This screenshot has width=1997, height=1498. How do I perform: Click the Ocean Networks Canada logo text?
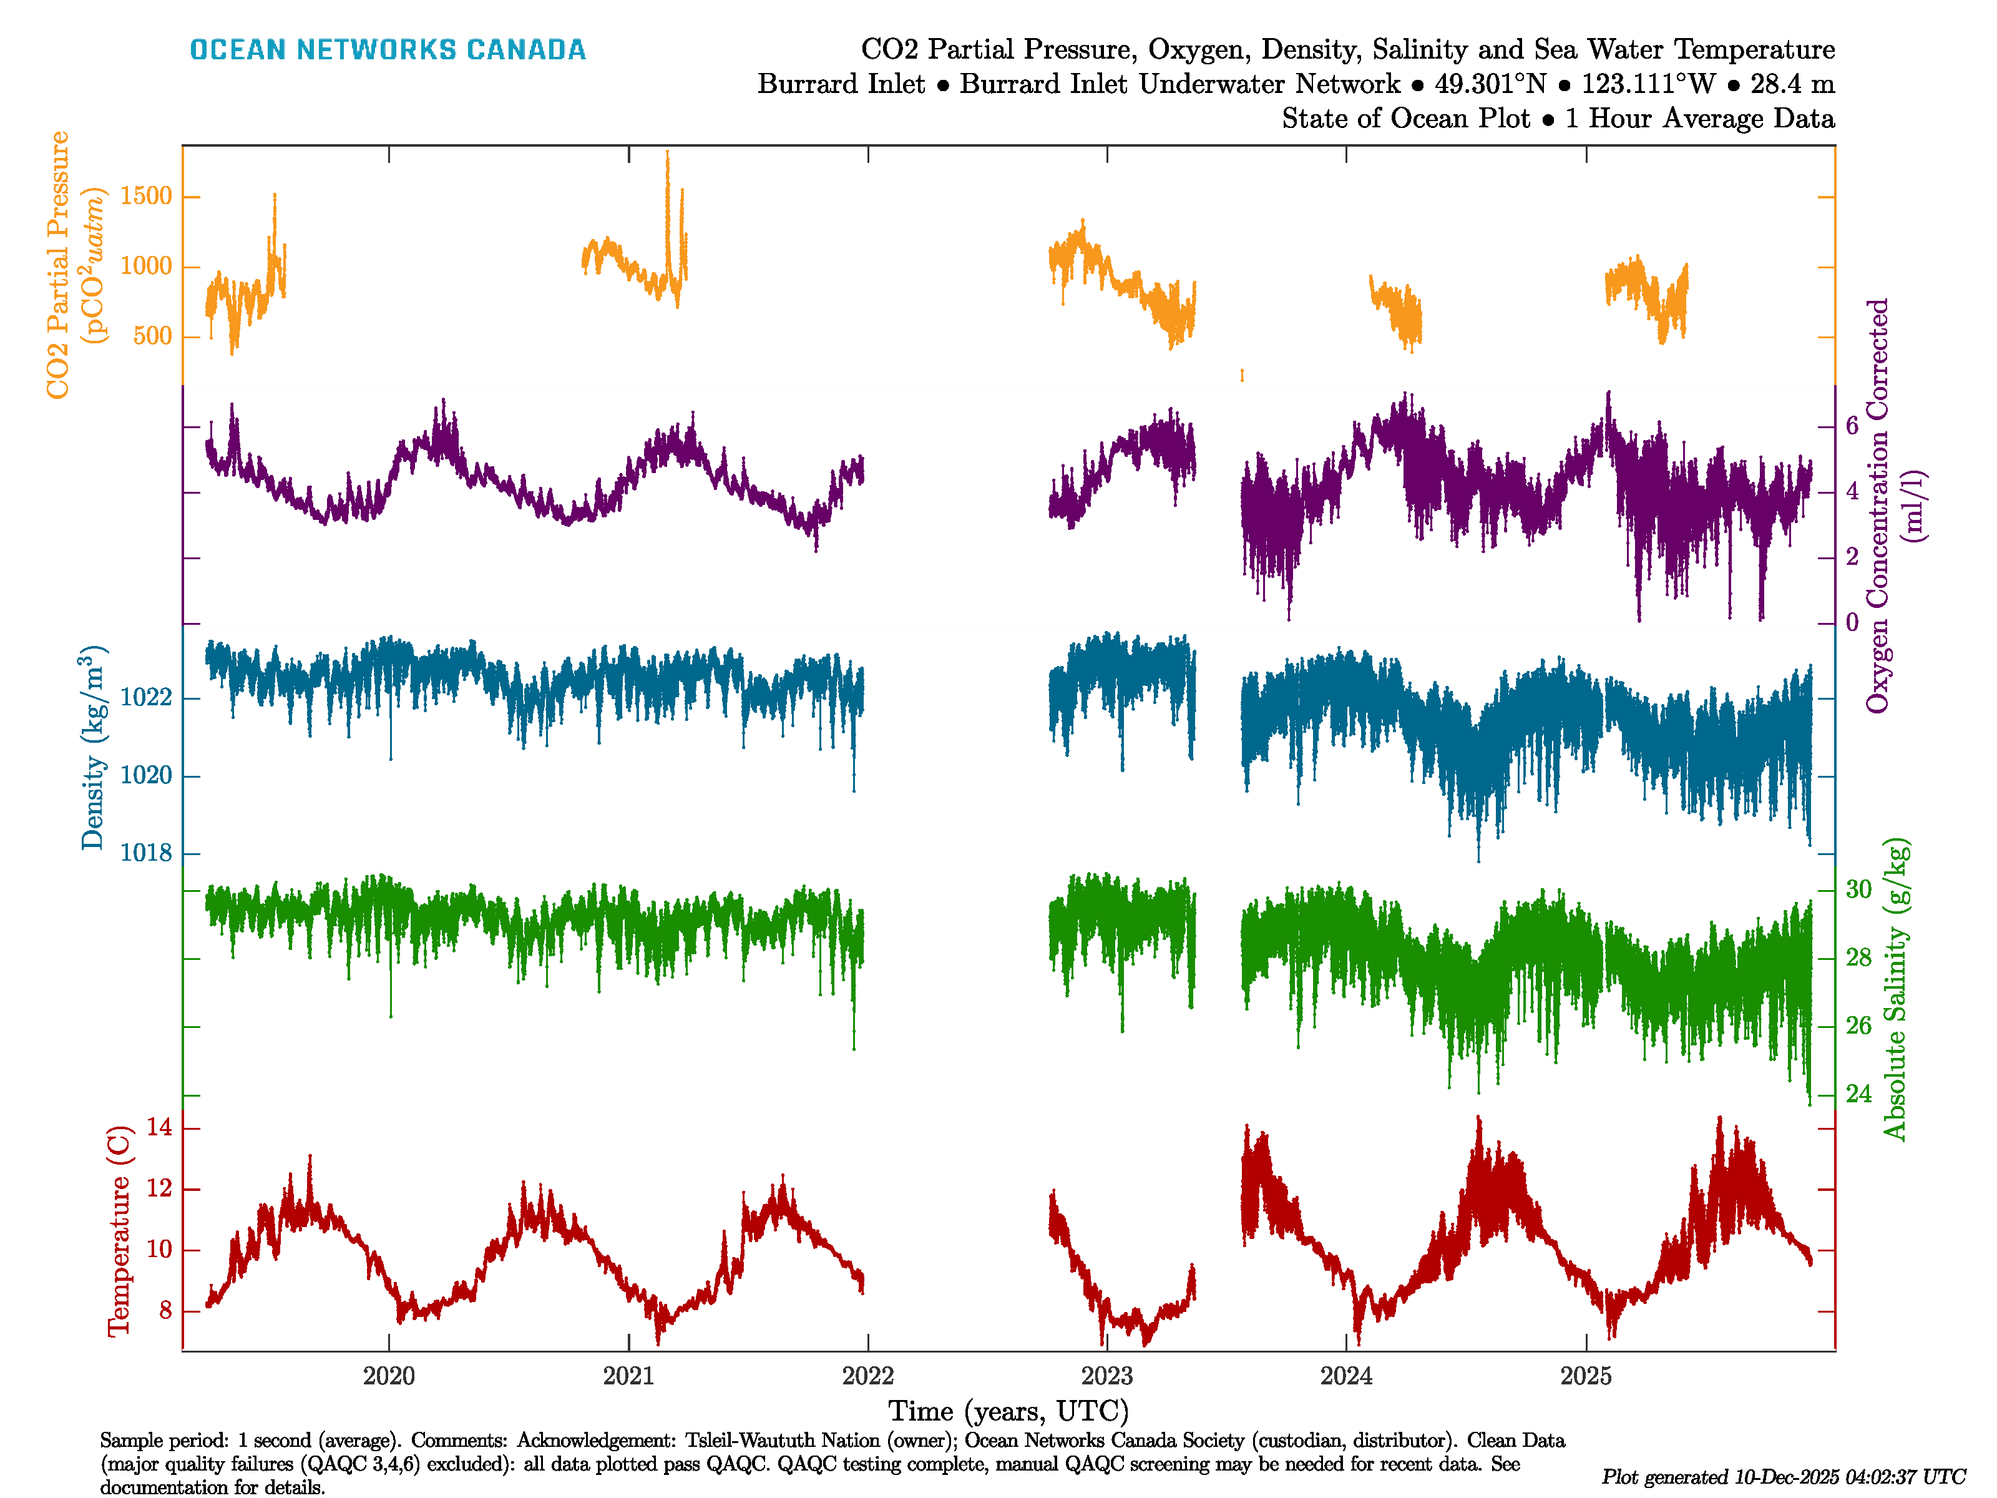(388, 50)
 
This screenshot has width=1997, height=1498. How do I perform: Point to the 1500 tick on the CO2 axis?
(145, 196)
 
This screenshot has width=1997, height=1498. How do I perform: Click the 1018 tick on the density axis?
(145, 853)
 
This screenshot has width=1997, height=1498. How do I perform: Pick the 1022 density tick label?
(145, 698)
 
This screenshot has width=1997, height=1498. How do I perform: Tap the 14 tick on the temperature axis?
(160, 1127)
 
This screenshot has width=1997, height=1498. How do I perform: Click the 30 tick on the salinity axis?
(1858, 889)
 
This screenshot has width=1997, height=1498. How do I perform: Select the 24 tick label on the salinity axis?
(1858, 1094)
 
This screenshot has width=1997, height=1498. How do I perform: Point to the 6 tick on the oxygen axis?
(1852, 425)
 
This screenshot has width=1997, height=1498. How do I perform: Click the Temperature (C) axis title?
(119, 1230)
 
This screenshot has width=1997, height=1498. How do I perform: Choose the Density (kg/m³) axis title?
(93, 748)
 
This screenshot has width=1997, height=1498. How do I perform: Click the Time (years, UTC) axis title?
(1008, 1411)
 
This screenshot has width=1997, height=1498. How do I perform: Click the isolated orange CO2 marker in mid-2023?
(1243, 374)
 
